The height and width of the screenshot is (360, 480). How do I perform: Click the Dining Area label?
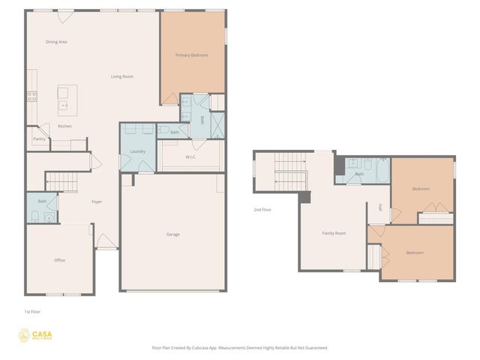pyautogui.click(x=56, y=42)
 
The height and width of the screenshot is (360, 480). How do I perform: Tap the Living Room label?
pyautogui.click(x=122, y=76)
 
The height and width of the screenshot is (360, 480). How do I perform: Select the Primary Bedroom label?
pyautogui.click(x=191, y=55)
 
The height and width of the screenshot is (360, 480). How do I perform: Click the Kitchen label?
pyautogui.click(x=65, y=126)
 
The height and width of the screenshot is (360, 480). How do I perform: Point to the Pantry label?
pyautogui.click(x=39, y=139)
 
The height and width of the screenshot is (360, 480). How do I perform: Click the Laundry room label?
pyautogui.click(x=137, y=151)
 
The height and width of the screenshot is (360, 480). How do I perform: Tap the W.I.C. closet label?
pyautogui.click(x=190, y=157)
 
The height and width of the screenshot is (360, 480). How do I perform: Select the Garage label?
pyautogui.click(x=172, y=235)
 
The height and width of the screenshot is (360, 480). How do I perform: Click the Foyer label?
pyautogui.click(x=97, y=202)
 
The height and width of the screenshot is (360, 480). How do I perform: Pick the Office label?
pyautogui.click(x=59, y=260)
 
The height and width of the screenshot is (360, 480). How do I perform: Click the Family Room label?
pyautogui.click(x=334, y=233)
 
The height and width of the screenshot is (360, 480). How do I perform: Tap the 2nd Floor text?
pyautogui.click(x=262, y=209)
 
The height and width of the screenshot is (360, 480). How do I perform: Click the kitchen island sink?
pyautogui.click(x=64, y=106)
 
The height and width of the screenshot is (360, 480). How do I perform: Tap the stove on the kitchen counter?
pyautogui.click(x=32, y=96)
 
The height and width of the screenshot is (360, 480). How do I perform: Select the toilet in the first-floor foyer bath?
pyautogui.click(x=35, y=217)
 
